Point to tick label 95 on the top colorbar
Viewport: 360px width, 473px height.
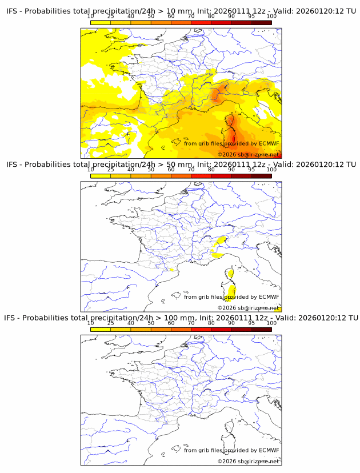(x=251, y=17)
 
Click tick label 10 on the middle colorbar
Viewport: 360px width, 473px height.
(x=90, y=170)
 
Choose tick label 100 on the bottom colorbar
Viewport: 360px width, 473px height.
(x=271, y=323)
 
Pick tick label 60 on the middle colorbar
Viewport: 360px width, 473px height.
(x=171, y=170)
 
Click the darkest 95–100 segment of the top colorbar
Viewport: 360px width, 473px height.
(x=261, y=23)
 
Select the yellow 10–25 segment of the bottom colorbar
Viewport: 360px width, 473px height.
(x=100, y=329)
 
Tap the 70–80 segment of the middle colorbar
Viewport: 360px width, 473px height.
(x=201, y=176)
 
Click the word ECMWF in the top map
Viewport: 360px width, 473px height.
(x=269, y=143)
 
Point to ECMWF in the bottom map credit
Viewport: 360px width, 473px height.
(x=269, y=450)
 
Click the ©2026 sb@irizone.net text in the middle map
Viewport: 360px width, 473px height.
(x=248, y=307)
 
